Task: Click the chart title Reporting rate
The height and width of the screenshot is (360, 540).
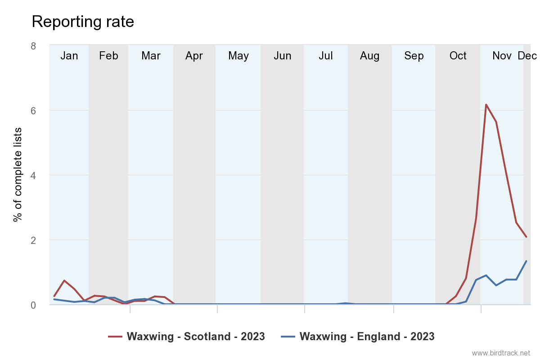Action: click(83, 22)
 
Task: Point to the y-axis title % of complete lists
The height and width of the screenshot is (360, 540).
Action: click(18, 175)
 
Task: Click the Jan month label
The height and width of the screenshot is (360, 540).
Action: click(69, 56)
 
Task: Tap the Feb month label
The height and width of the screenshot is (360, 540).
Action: click(108, 56)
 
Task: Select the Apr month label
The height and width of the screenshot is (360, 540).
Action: click(194, 56)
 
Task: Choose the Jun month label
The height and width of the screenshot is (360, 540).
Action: click(283, 56)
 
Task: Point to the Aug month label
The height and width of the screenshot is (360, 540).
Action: click(370, 56)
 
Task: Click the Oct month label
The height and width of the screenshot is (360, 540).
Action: click(458, 56)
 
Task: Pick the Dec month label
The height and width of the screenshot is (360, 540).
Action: click(527, 56)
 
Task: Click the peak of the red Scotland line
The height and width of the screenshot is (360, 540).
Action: click(486, 104)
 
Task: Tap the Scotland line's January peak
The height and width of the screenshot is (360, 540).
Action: click(64, 280)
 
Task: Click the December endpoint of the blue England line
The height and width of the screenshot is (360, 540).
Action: click(526, 261)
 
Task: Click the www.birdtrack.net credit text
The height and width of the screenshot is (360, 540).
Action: click(501, 353)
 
